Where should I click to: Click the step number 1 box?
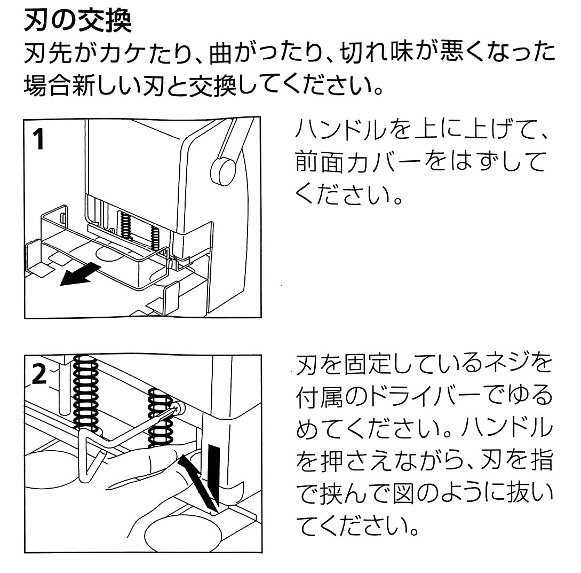pos(39,142)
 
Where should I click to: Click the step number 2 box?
pos(39,375)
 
